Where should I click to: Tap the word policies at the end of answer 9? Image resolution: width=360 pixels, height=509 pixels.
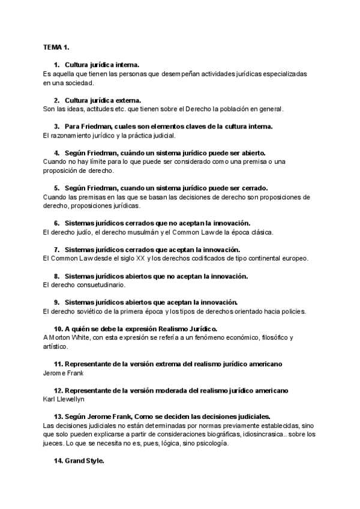point(292,311)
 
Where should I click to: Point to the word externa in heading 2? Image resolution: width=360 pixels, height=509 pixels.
point(127,100)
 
